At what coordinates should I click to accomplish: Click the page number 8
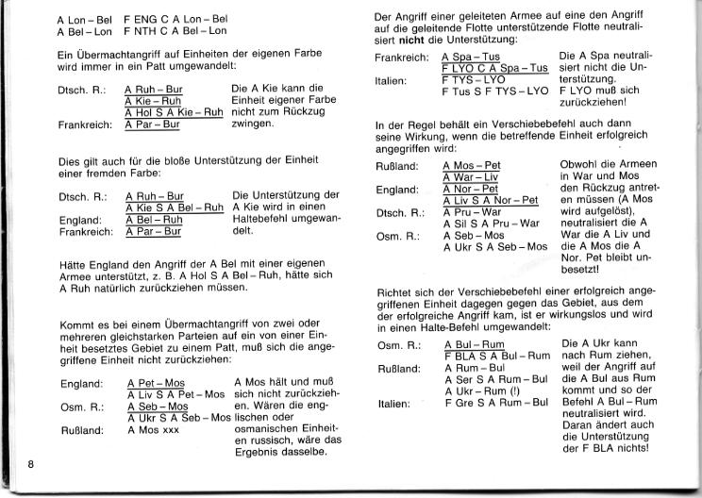(31, 462)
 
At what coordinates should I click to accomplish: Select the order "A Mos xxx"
(155, 429)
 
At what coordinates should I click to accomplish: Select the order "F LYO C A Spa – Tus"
(494, 69)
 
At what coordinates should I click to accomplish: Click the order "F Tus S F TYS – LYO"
(494, 91)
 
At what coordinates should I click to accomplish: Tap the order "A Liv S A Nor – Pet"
(491, 200)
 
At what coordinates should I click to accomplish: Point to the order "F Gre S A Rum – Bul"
(495, 403)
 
